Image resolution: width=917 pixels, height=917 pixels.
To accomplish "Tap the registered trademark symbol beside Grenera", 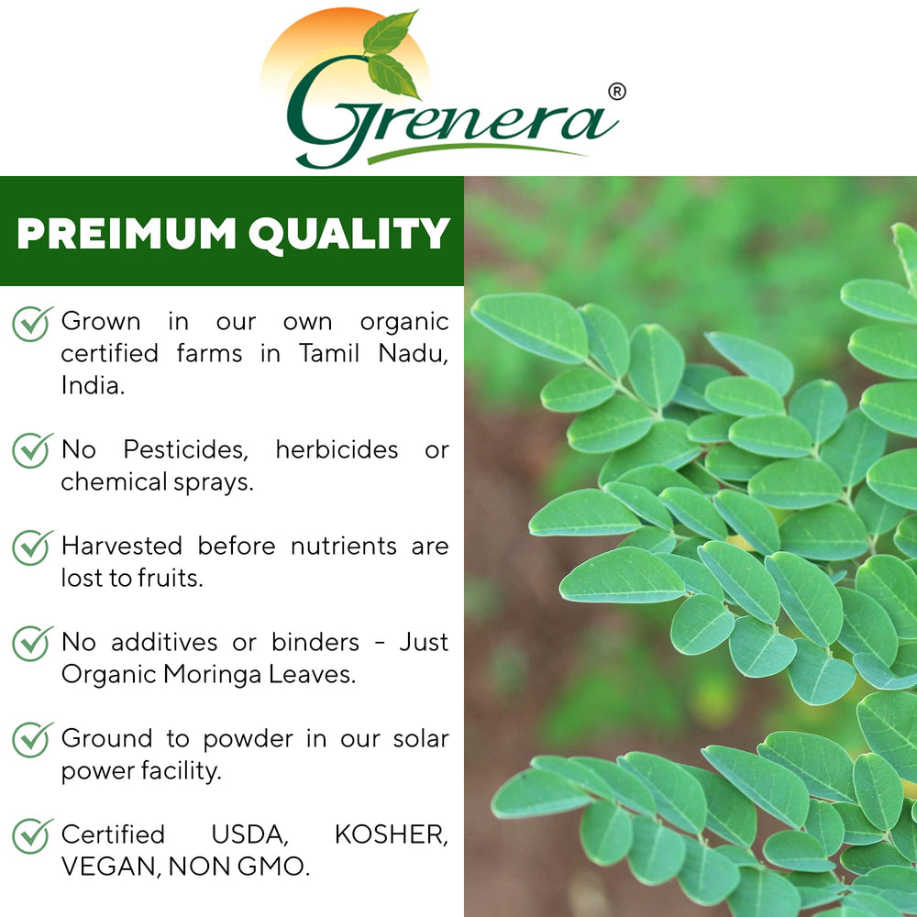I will pos(617,92).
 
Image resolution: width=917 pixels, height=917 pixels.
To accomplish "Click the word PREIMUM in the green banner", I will pos(124,234).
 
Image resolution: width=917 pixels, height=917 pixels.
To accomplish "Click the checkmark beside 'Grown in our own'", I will pos(31,324).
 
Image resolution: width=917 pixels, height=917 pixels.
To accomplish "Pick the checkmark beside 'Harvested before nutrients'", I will pos(31,547).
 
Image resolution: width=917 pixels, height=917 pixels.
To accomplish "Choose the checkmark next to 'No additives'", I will pos(31,644).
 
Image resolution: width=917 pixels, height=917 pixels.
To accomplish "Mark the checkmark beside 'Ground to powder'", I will pos(31,740).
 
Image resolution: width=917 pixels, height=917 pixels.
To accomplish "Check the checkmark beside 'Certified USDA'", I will pos(31,836).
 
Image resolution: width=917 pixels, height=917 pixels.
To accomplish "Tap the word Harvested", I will pos(122,547).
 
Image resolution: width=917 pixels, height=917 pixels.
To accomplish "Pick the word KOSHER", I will pos(392,835).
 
